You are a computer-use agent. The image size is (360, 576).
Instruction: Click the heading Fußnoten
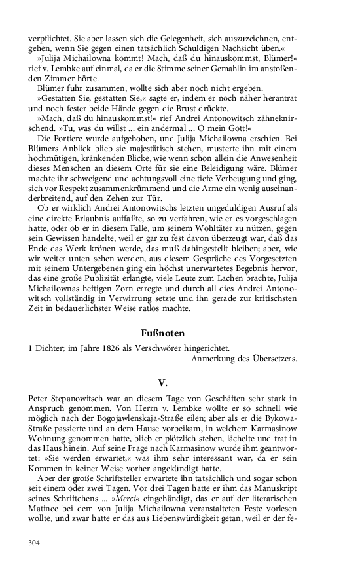[179, 333]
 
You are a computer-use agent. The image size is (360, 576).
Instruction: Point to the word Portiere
[76, 139]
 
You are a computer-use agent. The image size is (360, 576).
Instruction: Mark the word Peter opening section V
[40, 397]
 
